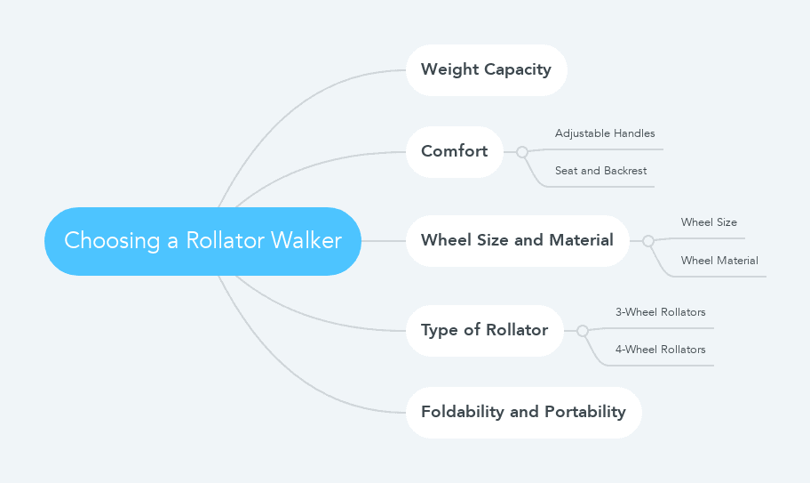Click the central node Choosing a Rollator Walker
coord(202,241)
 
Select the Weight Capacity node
coord(486,69)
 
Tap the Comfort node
coord(454,151)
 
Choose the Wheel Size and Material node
coord(517,240)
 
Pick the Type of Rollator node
coord(484,330)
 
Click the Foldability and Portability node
coord(523,412)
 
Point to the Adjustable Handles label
coord(605,133)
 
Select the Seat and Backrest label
coord(600,171)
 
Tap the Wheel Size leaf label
coord(709,222)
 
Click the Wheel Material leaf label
coord(719,261)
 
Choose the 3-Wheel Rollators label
coord(660,312)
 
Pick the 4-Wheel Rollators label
coord(660,350)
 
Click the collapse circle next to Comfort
coord(522,152)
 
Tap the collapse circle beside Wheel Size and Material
coord(648,241)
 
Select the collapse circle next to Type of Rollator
coord(583,331)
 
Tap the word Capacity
coord(517,69)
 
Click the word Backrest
coord(625,171)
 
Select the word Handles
coord(634,133)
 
